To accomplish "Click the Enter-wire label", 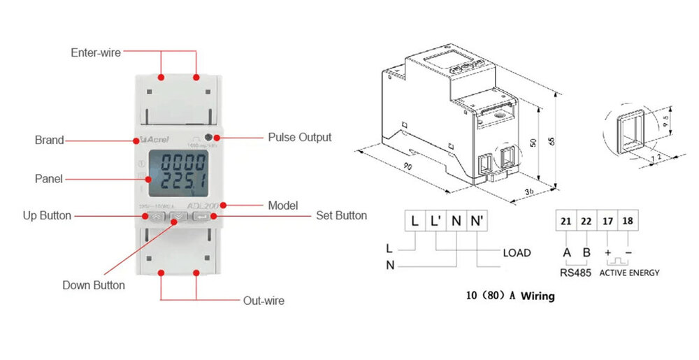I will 96,52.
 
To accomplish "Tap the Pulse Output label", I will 300,137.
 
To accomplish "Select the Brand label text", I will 49,140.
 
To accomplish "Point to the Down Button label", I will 94,285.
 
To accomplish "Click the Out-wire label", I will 264,301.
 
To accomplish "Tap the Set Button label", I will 341,215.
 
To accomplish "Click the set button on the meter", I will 201,217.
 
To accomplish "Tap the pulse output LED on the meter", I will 209,137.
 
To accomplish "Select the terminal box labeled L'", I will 435,222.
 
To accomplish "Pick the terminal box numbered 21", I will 565,222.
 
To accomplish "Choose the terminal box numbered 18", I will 628,222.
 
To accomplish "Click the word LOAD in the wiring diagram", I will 517,252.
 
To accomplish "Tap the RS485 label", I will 575,273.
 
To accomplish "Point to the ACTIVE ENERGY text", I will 629,273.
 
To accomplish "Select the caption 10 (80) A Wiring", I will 510,296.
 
